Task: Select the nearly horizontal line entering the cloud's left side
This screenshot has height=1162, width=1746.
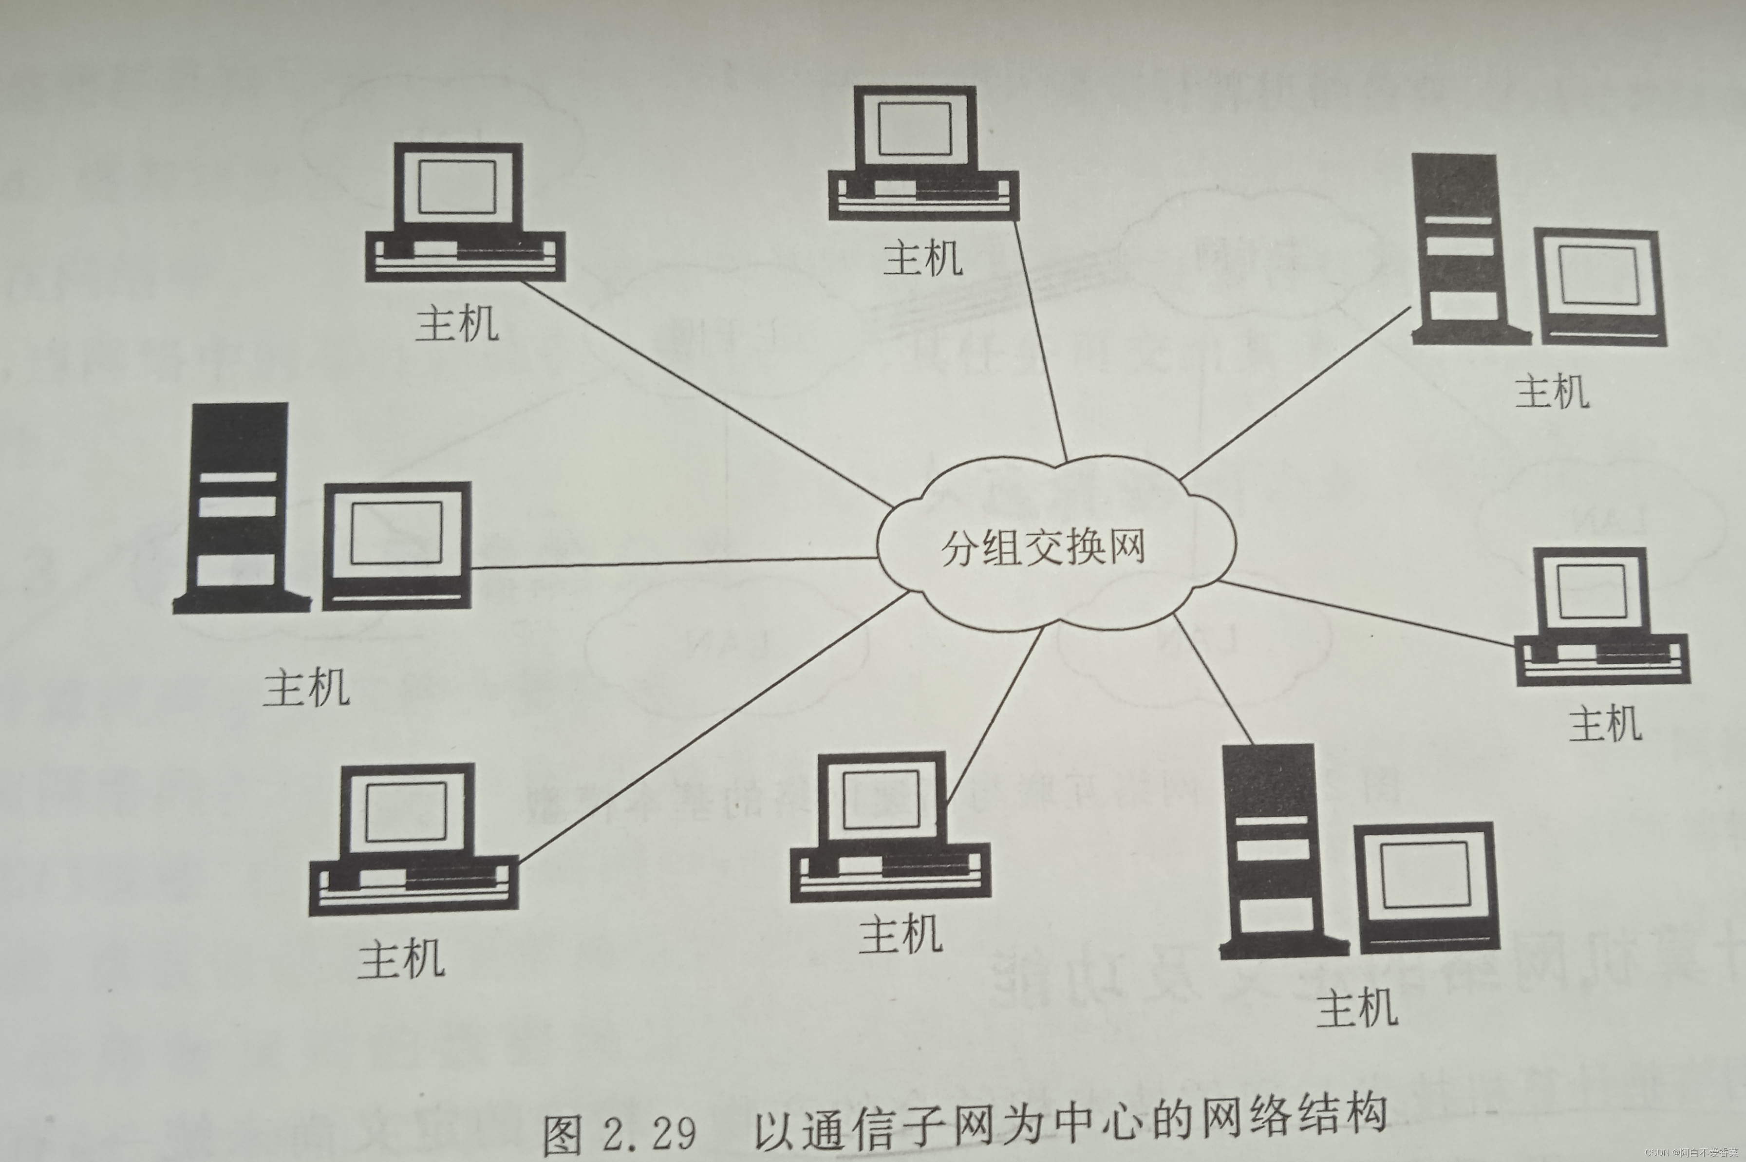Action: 667,562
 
